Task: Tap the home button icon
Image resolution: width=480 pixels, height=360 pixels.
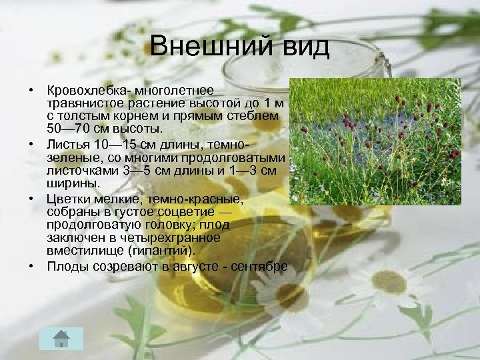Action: (x=61, y=339)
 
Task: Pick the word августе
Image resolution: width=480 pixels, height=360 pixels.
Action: (x=194, y=267)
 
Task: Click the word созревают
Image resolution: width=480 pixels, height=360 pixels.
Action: (x=127, y=267)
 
